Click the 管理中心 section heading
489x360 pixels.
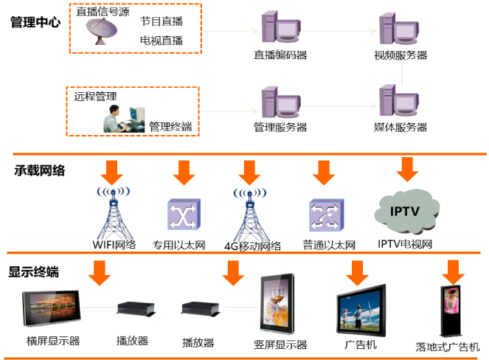pos(35,21)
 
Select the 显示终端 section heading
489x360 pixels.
pos(33,272)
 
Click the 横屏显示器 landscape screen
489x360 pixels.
pos(52,310)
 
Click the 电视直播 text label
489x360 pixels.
pos(162,41)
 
